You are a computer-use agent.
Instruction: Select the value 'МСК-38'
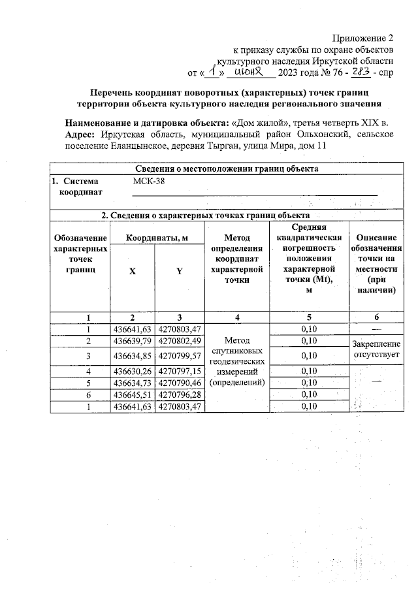[149, 182]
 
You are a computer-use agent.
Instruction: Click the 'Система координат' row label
[80, 187]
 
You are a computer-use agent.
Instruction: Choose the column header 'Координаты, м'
[157, 238]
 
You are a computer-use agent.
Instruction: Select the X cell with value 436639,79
[133, 342]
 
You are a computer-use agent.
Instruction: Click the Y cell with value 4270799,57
[180, 356]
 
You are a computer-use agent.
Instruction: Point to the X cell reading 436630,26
[133, 371]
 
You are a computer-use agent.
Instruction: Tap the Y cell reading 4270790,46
[180, 382]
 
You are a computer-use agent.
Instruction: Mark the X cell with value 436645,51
[133, 394]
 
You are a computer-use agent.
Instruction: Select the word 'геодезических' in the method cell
[236, 360]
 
